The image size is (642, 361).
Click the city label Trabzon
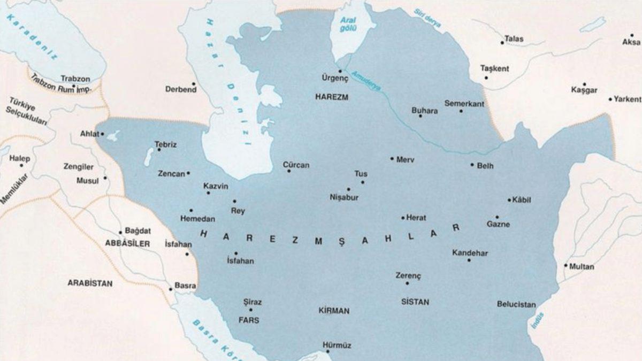pos(75,78)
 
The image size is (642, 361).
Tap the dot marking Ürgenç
pos(340,71)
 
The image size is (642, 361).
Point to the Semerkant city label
pos(464,103)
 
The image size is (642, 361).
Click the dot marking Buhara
pos(420,116)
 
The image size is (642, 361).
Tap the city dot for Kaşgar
pos(584,84)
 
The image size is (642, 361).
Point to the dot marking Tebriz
pos(158,150)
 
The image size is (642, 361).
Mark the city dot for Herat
pos(403,218)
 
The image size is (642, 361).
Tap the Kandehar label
pos(470,253)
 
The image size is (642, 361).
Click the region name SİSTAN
pos(415,302)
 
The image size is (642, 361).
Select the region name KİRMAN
pos(333,311)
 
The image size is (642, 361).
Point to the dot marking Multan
pos(565,265)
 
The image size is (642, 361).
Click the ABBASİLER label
pos(128,243)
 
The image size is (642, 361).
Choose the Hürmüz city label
pos(337,345)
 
